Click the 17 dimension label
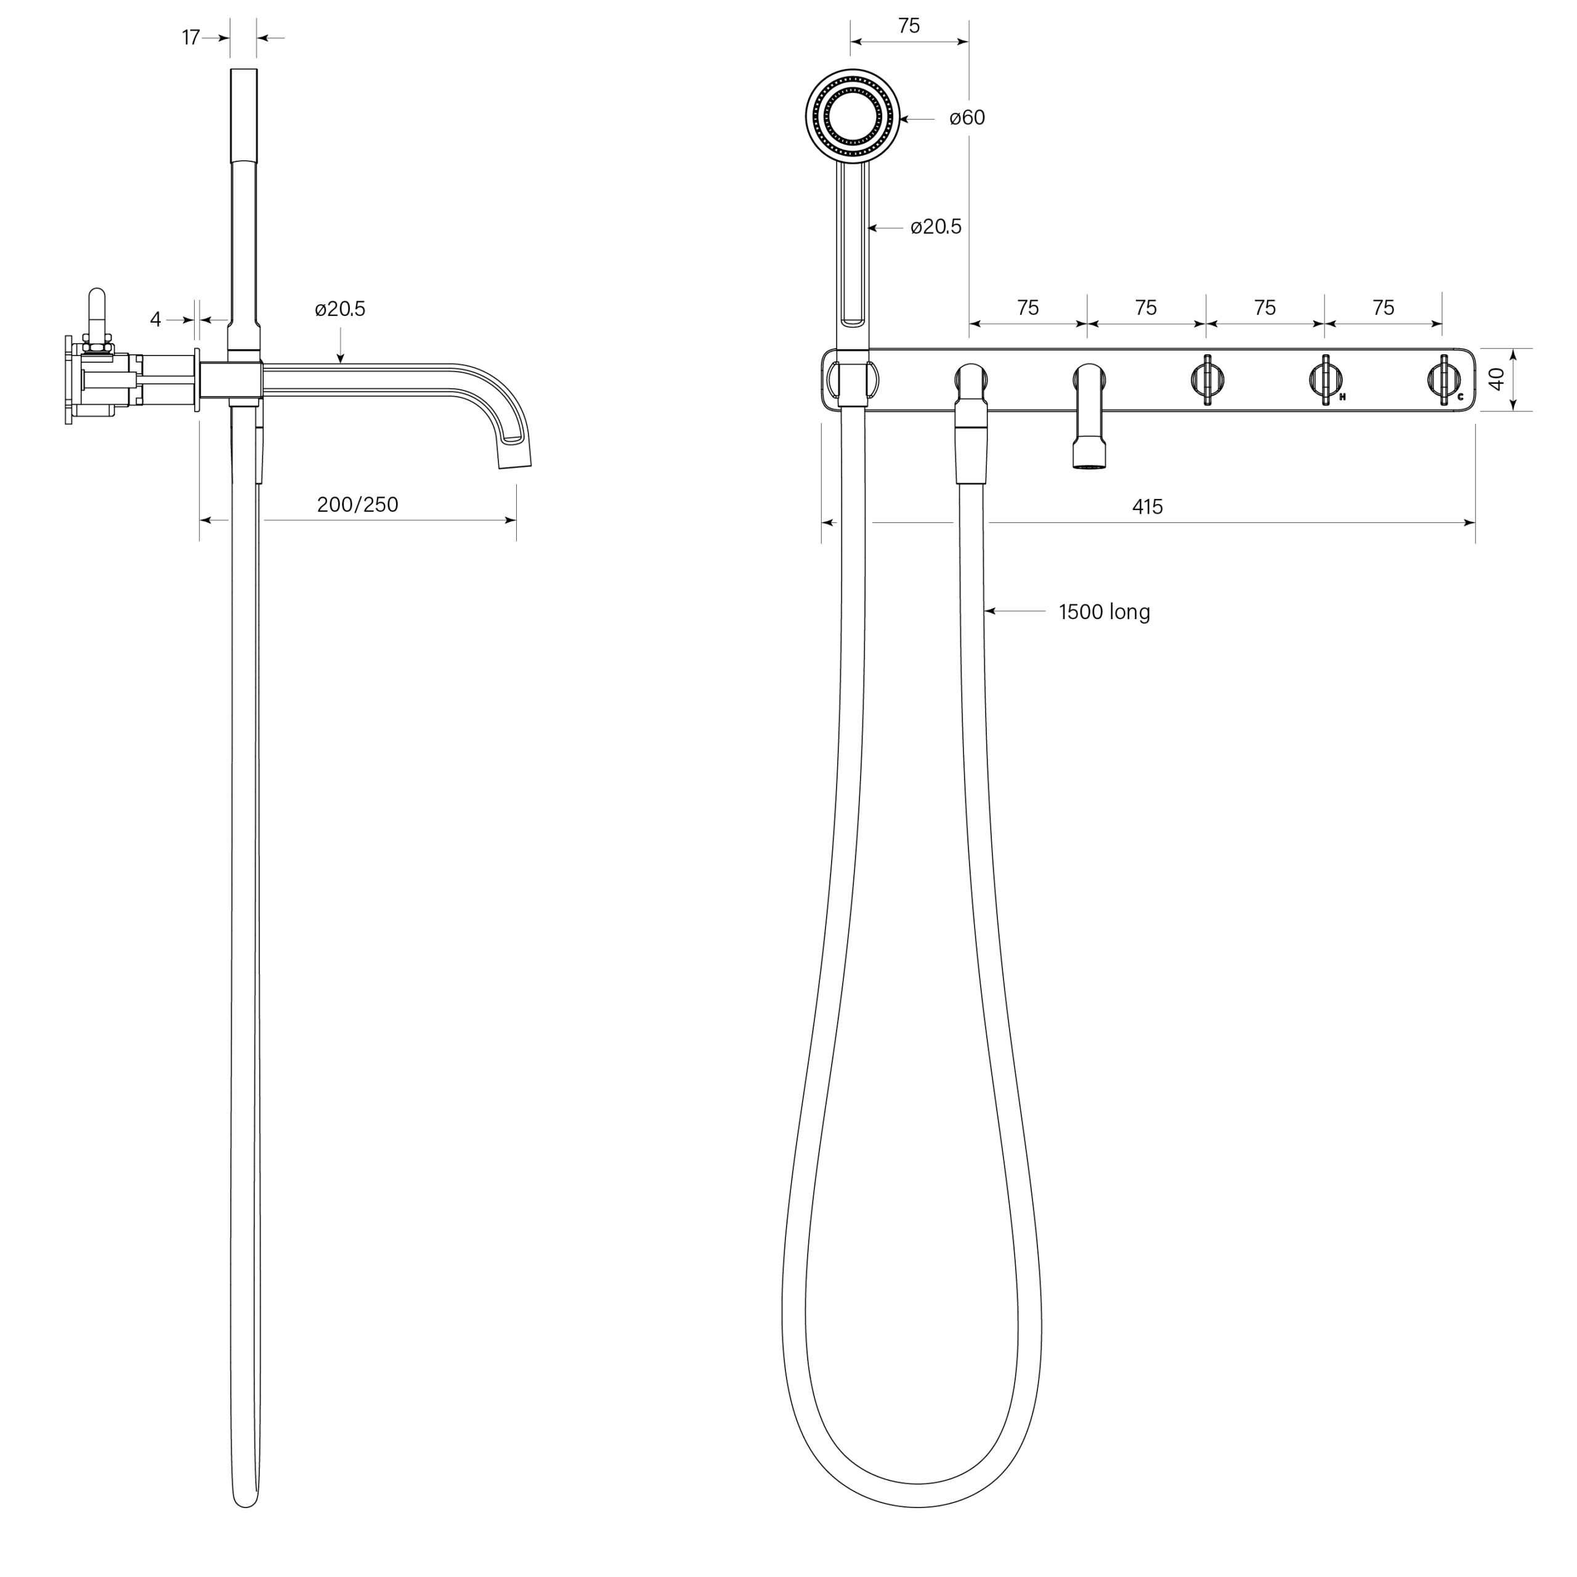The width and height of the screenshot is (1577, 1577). (191, 38)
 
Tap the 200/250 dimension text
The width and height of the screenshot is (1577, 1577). (357, 505)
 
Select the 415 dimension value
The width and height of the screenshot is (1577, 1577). (1147, 507)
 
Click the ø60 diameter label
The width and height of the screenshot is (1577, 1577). (967, 118)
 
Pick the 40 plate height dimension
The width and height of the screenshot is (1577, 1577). (1496, 379)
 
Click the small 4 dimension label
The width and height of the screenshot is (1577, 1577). (155, 319)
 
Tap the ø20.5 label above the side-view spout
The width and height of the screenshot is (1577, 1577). (341, 309)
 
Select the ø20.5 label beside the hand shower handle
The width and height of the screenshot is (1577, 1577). (936, 227)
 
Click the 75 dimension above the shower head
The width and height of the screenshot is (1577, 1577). (909, 26)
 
